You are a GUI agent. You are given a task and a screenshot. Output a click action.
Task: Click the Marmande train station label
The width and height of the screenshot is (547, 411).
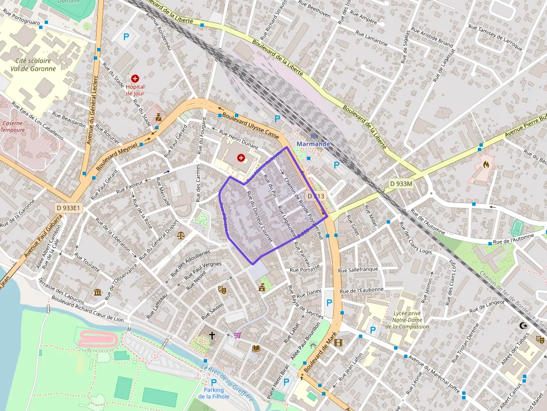click(x=313, y=143)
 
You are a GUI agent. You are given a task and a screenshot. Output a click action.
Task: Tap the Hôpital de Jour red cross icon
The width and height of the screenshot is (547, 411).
click(x=135, y=79)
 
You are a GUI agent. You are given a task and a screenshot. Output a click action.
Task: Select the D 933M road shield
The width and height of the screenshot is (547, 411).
click(x=401, y=183)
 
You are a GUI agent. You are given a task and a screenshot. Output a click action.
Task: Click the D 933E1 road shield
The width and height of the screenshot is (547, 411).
click(x=69, y=208)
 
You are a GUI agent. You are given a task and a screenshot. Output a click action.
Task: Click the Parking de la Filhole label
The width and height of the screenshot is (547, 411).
click(x=214, y=393)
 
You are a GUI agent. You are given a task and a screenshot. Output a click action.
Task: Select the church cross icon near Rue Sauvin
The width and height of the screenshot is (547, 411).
click(x=212, y=335)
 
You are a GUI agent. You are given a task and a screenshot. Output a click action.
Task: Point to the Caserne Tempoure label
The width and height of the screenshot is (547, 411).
click(x=12, y=127)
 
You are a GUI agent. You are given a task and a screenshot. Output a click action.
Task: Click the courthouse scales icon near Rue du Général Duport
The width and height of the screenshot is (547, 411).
click(x=180, y=235)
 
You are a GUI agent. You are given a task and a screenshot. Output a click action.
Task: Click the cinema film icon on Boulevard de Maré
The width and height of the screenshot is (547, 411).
click(x=338, y=342)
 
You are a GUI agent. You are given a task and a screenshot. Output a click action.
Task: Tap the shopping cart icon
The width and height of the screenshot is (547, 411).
click(x=238, y=335)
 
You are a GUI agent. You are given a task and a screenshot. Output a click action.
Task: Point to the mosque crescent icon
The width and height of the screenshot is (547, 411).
click(x=523, y=325)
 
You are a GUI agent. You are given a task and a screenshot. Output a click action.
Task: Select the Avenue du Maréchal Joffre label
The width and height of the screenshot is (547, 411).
click(x=434, y=373)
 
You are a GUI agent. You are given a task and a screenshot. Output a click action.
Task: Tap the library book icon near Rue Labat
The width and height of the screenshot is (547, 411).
click(x=256, y=348)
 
